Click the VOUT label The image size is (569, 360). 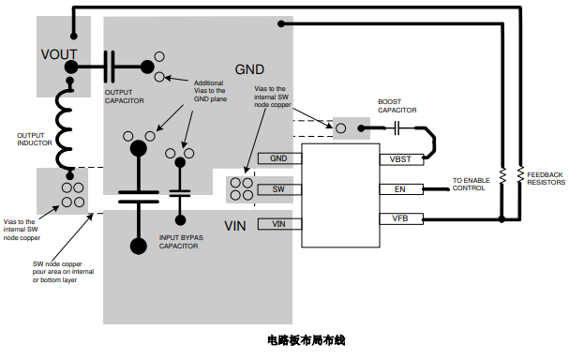(x=59, y=54)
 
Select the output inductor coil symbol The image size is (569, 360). (x=67, y=126)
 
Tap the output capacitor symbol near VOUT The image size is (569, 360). (x=110, y=66)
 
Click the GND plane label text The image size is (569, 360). (x=249, y=69)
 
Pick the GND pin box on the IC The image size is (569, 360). (x=277, y=158)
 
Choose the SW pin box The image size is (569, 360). (x=277, y=189)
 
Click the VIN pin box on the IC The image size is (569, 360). (x=277, y=223)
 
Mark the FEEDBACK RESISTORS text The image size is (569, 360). (x=545, y=178)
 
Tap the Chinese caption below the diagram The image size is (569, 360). (x=306, y=339)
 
